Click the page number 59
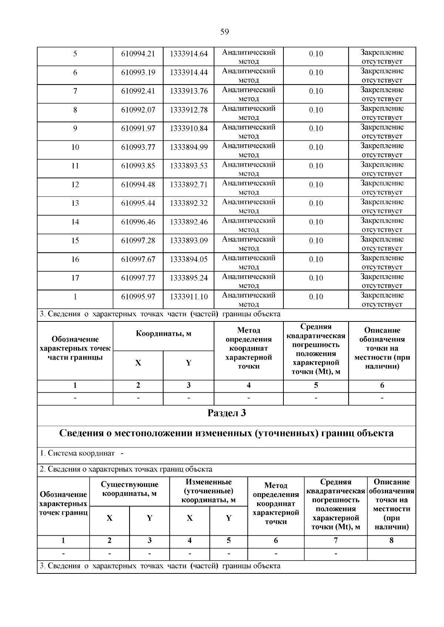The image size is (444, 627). [x=224, y=32]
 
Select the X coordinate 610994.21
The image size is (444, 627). [x=138, y=54]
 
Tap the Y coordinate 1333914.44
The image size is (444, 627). [x=189, y=72]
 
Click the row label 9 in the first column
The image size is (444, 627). [x=75, y=129]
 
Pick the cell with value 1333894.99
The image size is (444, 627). [x=189, y=147]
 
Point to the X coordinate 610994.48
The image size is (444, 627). [x=138, y=185]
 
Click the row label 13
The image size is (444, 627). [x=75, y=203]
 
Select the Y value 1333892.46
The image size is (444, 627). [x=189, y=222]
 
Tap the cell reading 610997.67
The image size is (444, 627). [x=138, y=259]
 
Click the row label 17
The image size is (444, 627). [x=75, y=278]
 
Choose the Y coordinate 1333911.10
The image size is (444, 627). [x=189, y=297]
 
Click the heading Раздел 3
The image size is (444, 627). [x=226, y=413]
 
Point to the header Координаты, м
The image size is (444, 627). [x=163, y=334]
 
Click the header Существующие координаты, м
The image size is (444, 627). [x=129, y=489]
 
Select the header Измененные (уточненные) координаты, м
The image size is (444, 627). [x=208, y=491]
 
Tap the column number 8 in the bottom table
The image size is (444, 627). [x=391, y=541]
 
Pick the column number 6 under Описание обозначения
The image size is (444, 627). [x=382, y=385]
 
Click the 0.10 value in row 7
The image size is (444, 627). [x=316, y=91]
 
